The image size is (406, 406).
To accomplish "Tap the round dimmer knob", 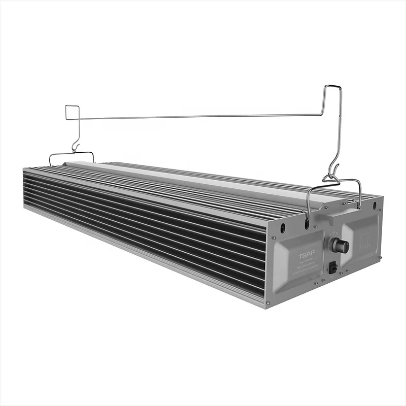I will (339, 246).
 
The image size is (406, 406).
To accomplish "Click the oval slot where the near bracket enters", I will (307, 223).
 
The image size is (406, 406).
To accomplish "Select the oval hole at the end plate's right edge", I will (375, 205).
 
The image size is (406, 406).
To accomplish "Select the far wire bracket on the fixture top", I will (71, 154).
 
